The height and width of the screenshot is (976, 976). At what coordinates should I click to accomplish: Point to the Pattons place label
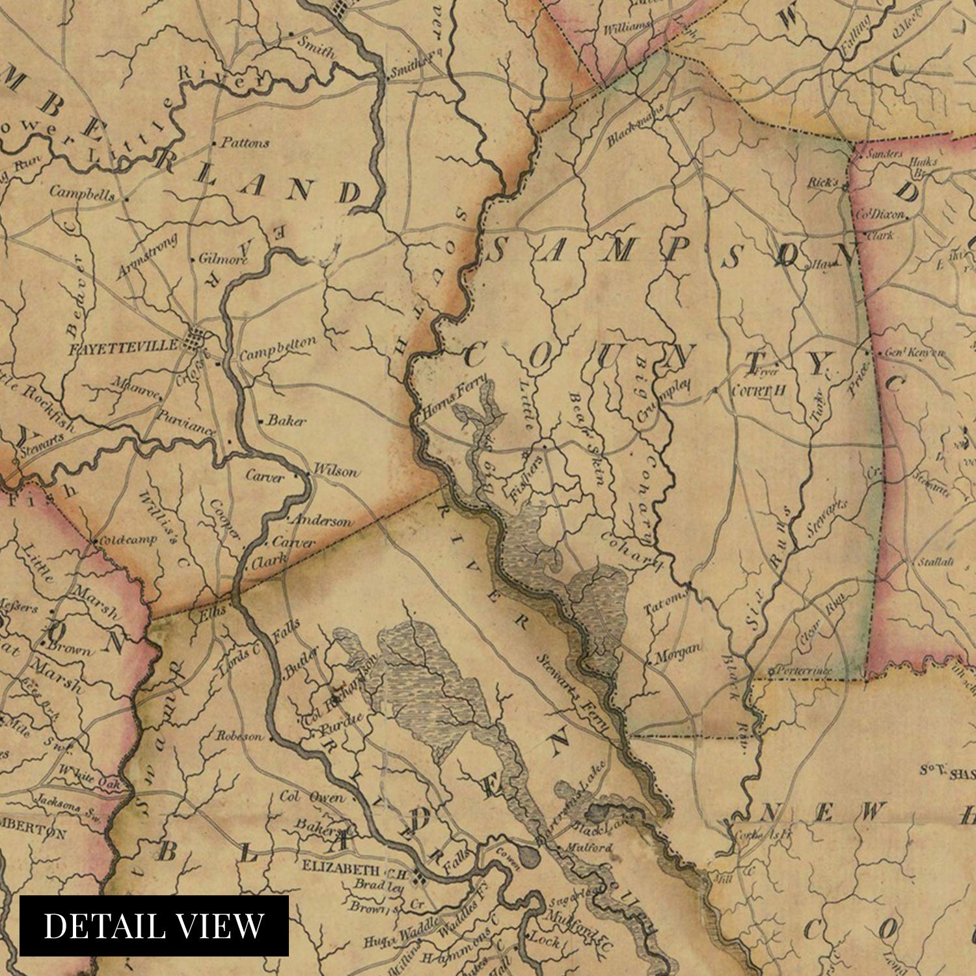click(x=245, y=143)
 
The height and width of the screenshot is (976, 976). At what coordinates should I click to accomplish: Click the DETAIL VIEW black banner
click(x=154, y=926)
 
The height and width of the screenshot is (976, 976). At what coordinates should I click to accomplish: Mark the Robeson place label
click(x=240, y=737)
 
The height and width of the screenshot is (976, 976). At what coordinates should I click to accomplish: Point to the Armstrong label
click(x=138, y=260)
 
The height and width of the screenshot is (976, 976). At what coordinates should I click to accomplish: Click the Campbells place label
click(x=82, y=194)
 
